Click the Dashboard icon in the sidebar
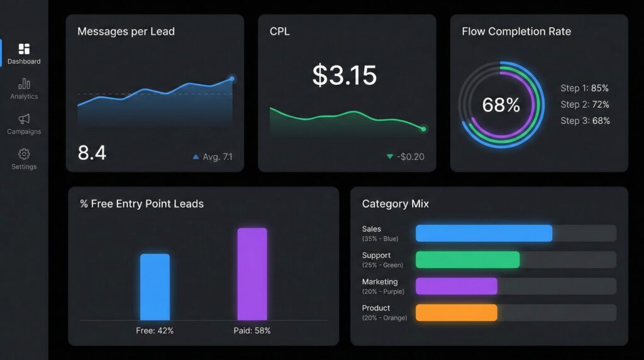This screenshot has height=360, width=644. tap(24, 49)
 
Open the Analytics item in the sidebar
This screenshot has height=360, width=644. tap(24, 84)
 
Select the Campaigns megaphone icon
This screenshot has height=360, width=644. tap(24, 119)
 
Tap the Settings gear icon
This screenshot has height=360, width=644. tap(24, 154)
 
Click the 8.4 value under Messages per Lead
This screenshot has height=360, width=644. tap(92, 152)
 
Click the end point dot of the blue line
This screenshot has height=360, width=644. tap(232, 79)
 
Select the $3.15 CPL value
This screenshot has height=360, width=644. tap(345, 76)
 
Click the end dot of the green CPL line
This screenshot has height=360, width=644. tap(423, 129)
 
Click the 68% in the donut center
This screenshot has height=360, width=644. tap(501, 105)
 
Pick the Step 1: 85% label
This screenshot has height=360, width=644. tap(584, 88)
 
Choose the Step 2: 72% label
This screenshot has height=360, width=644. tap(584, 104)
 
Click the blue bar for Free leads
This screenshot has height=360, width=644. tap(155, 287)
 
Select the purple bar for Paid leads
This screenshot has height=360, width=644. tap(252, 274)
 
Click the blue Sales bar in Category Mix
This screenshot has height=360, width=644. tap(484, 233)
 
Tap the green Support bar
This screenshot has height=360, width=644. tap(467, 260)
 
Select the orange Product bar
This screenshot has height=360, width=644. tap(456, 313)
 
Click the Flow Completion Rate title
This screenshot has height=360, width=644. tap(516, 31)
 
